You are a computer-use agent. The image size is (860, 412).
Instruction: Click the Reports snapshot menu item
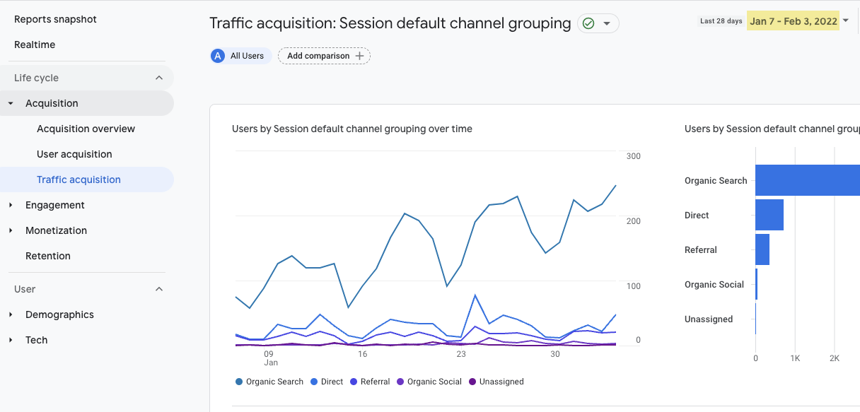tap(55, 19)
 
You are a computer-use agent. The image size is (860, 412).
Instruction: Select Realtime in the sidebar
tap(35, 45)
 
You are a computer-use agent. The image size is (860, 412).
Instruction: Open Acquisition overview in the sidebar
tap(86, 129)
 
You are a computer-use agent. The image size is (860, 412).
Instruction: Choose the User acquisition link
tap(74, 154)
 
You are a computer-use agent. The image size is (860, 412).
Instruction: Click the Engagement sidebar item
tap(54, 205)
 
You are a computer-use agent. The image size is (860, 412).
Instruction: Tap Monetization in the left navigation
tap(56, 230)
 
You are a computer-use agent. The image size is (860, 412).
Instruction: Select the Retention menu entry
tap(48, 256)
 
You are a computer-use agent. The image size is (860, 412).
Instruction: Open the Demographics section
tap(59, 314)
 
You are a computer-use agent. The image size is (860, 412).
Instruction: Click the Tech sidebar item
tap(37, 340)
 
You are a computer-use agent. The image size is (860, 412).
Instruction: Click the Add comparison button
tap(324, 56)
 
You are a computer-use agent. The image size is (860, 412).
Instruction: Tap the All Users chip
tap(240, 56)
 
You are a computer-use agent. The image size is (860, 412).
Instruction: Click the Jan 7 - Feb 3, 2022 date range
tap(793, 21)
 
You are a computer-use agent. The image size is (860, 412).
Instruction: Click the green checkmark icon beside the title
tap(588, 23)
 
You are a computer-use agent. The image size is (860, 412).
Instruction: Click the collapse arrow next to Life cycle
tap(159, 78)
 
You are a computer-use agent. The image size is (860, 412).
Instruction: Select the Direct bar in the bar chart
tap(769, 215)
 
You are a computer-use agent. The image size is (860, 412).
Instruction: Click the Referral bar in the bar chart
tap(762, 249)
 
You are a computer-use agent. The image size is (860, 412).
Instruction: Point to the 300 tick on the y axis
tap(633, 156)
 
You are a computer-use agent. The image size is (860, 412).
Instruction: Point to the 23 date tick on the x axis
tap(461, 354)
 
